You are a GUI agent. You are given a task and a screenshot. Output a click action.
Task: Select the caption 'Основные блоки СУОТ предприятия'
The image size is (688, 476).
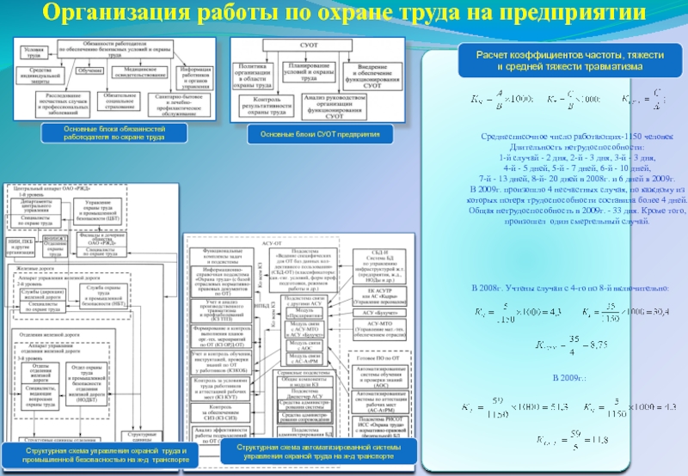coord(319,135)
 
